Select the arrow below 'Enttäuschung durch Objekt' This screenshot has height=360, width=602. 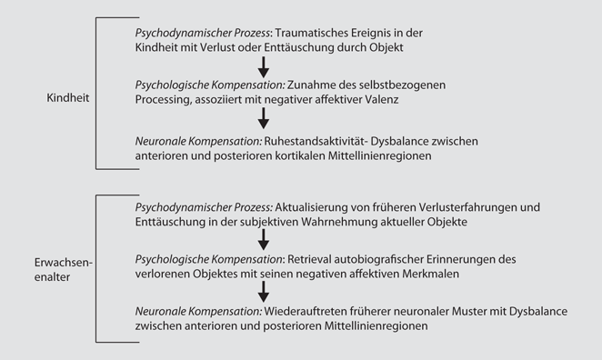tap(263, 66)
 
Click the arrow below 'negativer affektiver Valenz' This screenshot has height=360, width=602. tap(263, 118)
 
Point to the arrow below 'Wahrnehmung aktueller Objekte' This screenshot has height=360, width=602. tap(263, 239)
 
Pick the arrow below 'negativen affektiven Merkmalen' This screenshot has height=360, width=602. tap(263, 291)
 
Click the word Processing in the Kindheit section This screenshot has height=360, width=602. tap(162, 100)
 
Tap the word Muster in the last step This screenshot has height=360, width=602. tap(464, 311)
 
